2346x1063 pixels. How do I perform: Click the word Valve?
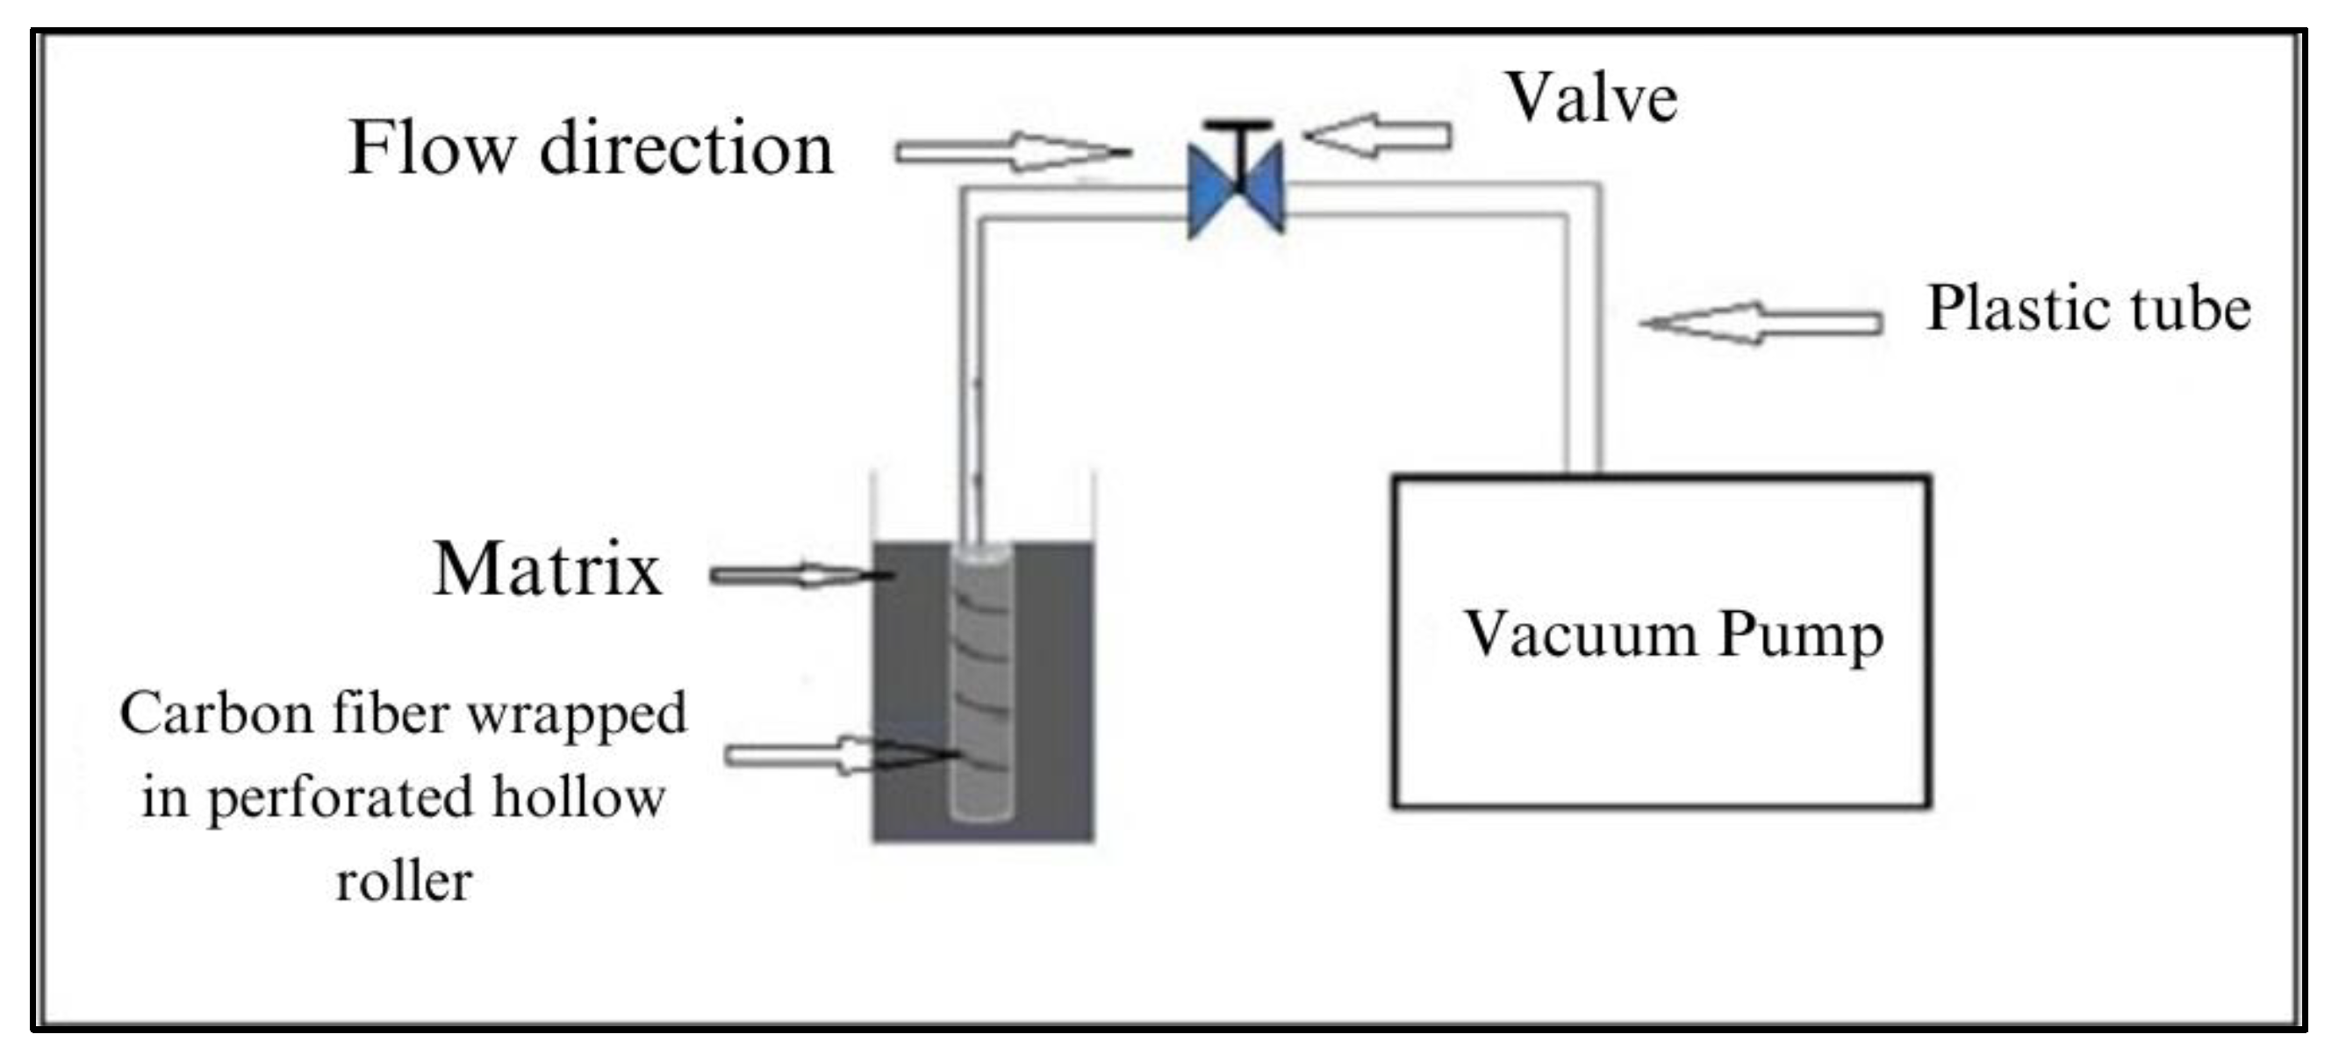[1591, 98]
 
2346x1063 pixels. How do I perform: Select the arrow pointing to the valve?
[1377, 137]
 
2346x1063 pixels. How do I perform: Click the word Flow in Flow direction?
[432, 147]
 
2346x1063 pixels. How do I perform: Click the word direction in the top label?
[686, 147]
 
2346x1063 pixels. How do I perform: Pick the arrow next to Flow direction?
[1011, 152]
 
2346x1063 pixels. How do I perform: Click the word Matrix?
[548, 570]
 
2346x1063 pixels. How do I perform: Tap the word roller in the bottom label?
[405, 880]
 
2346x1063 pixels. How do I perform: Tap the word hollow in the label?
[579, 797]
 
